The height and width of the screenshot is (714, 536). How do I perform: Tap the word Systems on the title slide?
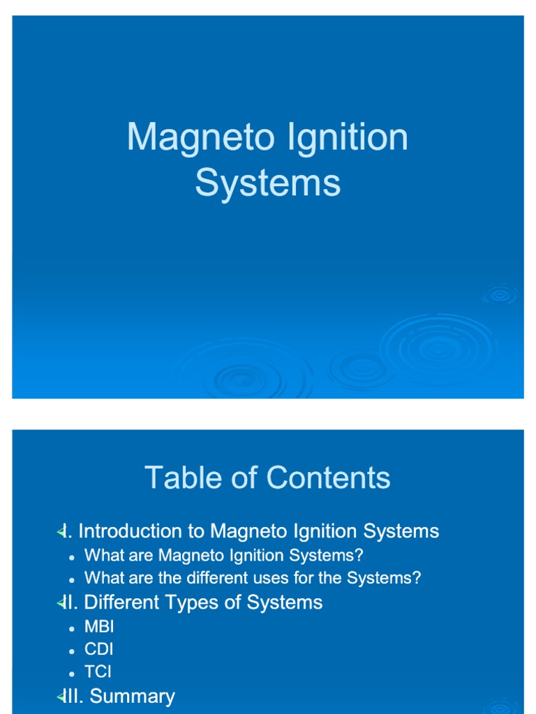pos(268,183)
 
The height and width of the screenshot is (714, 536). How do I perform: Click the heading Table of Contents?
pos(267,478)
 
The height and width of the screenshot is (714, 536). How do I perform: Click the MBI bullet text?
pos(98,626)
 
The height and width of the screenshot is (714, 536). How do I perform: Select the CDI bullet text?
pos(98,649)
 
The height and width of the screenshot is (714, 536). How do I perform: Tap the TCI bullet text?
pos(98,672)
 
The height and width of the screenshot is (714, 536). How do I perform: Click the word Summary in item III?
pos(133,696)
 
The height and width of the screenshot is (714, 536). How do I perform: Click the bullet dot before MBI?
pos(72,628)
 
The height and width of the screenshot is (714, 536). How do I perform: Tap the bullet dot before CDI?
pos(72,651)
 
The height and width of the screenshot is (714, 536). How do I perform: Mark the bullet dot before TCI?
pos(72,674)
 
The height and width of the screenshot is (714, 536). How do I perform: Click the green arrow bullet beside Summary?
pos(60,696)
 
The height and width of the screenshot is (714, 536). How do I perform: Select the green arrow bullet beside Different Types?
pos(60,603)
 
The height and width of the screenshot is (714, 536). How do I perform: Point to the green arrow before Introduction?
pos(60,532)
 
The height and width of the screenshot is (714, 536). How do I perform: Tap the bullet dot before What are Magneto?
pos(72,557)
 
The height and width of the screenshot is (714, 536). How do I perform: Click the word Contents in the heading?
pos(328,478)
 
